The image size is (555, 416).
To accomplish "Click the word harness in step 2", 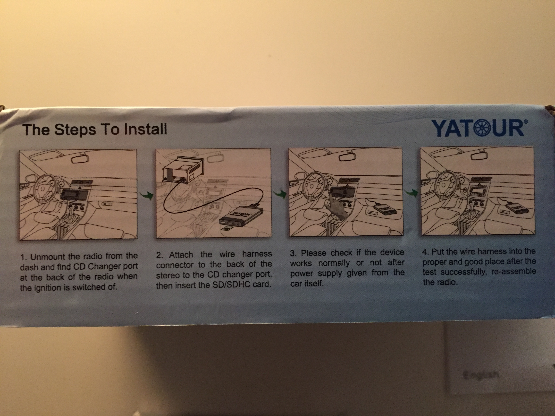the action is click(257, 254).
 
